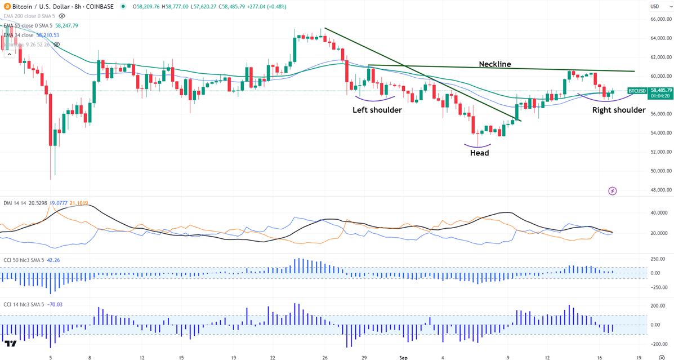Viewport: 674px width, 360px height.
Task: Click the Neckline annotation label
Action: [x=495, y=64]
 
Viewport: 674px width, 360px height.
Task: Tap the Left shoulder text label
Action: [x=377, y=110]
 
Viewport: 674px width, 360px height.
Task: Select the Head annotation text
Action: [x=480, y=153]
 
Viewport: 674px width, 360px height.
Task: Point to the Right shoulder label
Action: [x=619, y=110]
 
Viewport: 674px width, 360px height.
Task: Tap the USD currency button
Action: [x=655, y=7]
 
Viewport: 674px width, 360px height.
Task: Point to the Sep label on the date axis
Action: [x=403, y=357]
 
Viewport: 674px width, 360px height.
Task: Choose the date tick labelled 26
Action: [x=325, y=357]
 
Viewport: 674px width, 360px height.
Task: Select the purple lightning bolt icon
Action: [x=613, y=191]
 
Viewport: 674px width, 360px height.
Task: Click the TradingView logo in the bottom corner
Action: [x=10, y=344]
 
